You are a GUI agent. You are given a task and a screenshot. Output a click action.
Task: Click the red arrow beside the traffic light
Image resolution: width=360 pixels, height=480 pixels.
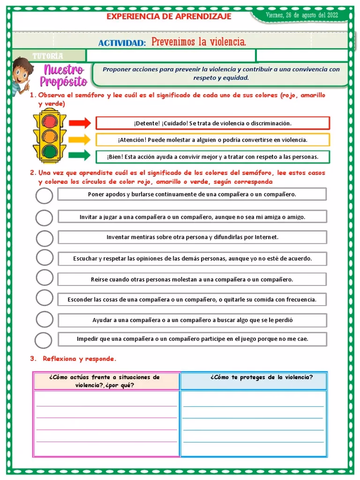tap(79, 123)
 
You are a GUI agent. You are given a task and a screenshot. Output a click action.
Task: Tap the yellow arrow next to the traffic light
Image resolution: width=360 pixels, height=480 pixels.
tap(79, 139)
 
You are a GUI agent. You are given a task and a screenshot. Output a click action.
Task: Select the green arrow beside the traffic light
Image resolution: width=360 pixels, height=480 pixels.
tap(79, 155)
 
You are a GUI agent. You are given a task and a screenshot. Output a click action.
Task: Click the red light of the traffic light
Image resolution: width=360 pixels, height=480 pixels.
tap(49, 120)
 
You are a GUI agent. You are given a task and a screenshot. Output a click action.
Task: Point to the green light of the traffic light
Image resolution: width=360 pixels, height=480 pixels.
tap(49, 151)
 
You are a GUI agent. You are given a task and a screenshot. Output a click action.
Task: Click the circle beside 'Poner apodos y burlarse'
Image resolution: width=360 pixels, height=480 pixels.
tap(44, 195)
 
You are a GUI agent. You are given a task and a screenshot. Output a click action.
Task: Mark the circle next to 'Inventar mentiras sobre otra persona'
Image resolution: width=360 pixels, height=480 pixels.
tap(44, 238)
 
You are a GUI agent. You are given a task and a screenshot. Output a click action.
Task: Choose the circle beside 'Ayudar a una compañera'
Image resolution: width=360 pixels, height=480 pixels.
tap(44, 319)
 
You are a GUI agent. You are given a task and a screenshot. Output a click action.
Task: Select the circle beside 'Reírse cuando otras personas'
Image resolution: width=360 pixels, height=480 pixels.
tap(44, 278)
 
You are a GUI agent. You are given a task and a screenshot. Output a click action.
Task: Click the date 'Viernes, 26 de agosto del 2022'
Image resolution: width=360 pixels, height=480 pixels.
tap(301, 15)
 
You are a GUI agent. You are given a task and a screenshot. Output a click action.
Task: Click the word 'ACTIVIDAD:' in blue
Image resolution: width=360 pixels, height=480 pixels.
tap(122, 43)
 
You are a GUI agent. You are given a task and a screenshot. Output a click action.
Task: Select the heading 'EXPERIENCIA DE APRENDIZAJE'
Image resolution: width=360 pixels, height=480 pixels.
tap(169, 16)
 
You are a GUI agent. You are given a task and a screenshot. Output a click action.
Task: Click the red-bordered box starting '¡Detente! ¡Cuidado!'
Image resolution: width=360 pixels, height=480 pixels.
tap(212, 123)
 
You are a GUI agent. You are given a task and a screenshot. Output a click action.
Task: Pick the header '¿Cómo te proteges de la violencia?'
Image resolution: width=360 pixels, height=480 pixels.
tap(262, 377)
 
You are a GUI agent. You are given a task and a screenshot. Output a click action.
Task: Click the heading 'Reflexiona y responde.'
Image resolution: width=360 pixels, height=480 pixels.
tap(79, 359)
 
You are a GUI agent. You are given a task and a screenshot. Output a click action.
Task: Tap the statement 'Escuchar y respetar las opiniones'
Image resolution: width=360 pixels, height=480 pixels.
tap(192, 258)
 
